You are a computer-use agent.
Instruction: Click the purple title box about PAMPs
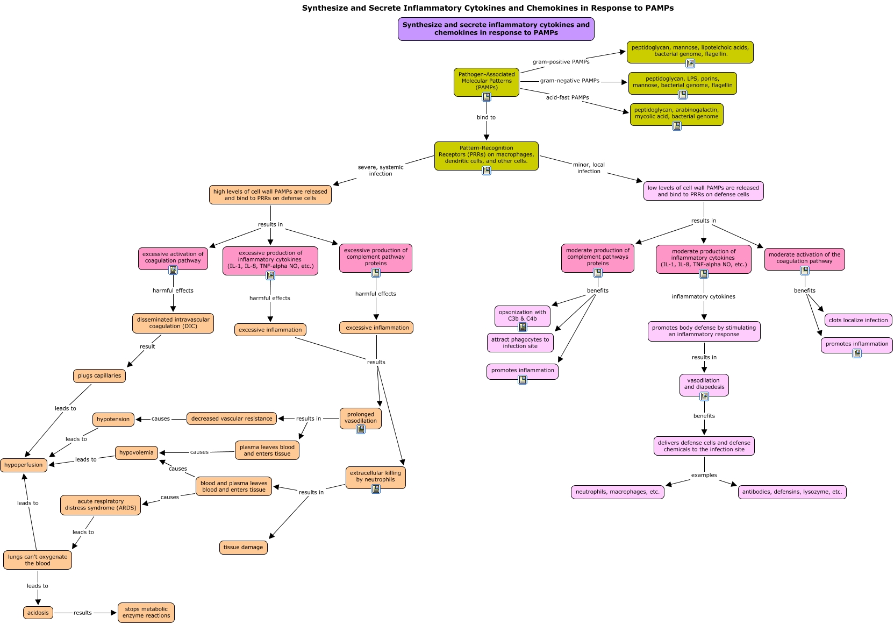(496, 29)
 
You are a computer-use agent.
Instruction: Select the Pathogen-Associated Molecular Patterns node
(486, 82)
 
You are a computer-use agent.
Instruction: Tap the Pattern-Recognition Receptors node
(486, 156)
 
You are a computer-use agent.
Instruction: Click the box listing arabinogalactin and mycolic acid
(676, 114)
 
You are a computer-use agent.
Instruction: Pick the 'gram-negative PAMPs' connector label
(569, 81)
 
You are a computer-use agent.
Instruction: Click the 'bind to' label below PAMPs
(486, 117)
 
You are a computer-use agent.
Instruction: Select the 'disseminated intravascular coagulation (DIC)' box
(173, 323)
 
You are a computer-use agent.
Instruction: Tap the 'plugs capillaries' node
(99, 375)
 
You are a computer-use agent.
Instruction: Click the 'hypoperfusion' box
(24, 465)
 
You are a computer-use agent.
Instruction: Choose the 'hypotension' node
(113, 419)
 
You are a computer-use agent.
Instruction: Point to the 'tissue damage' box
(244, 547)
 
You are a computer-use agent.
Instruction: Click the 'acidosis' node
(38, 613)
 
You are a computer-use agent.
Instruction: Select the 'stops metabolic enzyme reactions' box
(146, 612)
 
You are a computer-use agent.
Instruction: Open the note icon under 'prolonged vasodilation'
(361, 429)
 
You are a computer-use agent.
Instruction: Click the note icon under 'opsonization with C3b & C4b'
(523, 327)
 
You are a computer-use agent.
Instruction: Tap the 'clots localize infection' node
(858, 320)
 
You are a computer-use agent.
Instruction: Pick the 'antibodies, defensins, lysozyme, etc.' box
(792, 492)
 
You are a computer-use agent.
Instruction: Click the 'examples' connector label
(704, 475)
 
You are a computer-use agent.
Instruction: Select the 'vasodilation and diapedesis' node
(704, 385)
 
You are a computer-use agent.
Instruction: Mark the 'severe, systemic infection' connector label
(381, 171)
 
